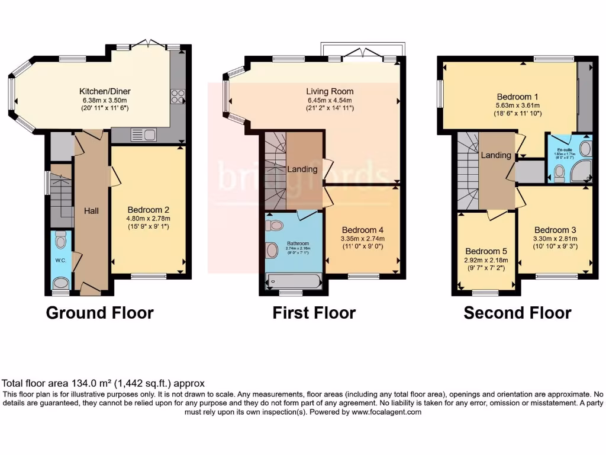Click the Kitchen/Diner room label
[x=105, y=91]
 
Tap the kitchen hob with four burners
[x=178, y=96]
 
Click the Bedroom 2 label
[x=149, y=210]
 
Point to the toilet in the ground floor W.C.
[x=60, y=241]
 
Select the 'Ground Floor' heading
[x=99, y=313]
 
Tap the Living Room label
[x=330, y=91]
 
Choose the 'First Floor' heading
[x=314, y=313]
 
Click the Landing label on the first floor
[x=302, y=169]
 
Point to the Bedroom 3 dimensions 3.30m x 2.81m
[x=555, y=238]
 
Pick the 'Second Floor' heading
[x=517, y=313]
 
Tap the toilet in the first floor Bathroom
[x=275, y=225]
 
